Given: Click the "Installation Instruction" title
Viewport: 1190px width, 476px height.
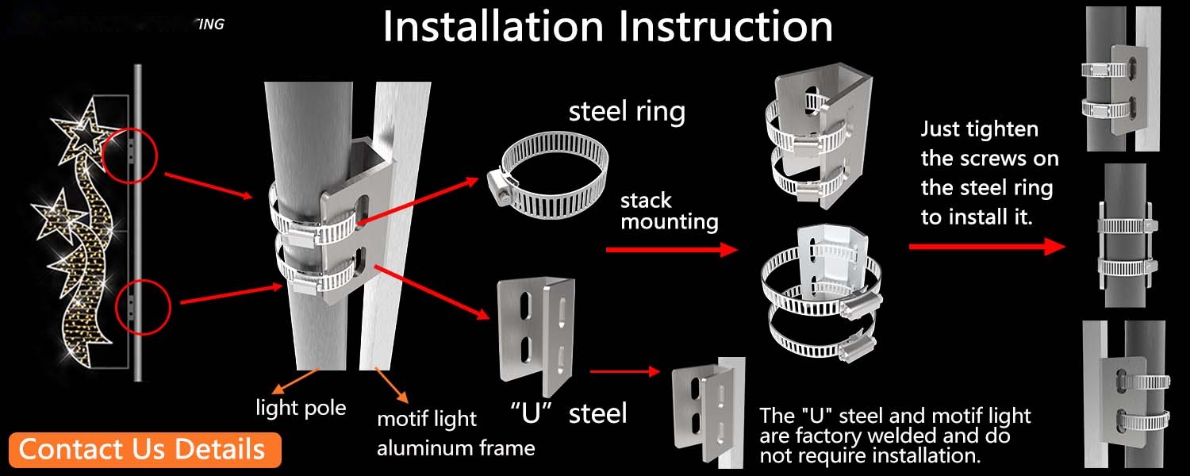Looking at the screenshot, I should pos(608,26).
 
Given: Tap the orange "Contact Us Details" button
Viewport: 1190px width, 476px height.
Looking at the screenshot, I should pos(142,449).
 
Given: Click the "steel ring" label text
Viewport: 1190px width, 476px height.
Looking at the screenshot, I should pos(627,111).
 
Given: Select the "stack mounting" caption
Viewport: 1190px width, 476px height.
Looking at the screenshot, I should pos(669,210).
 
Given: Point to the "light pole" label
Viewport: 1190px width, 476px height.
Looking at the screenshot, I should pos(301,408).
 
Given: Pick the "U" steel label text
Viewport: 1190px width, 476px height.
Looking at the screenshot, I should pos(568,413).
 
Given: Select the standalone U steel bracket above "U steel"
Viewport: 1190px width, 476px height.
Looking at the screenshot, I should pos(535,330).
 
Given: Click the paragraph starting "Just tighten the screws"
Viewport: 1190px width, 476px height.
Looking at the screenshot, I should pos(989,173).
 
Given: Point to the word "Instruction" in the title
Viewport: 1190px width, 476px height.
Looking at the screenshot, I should pos(726,26).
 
